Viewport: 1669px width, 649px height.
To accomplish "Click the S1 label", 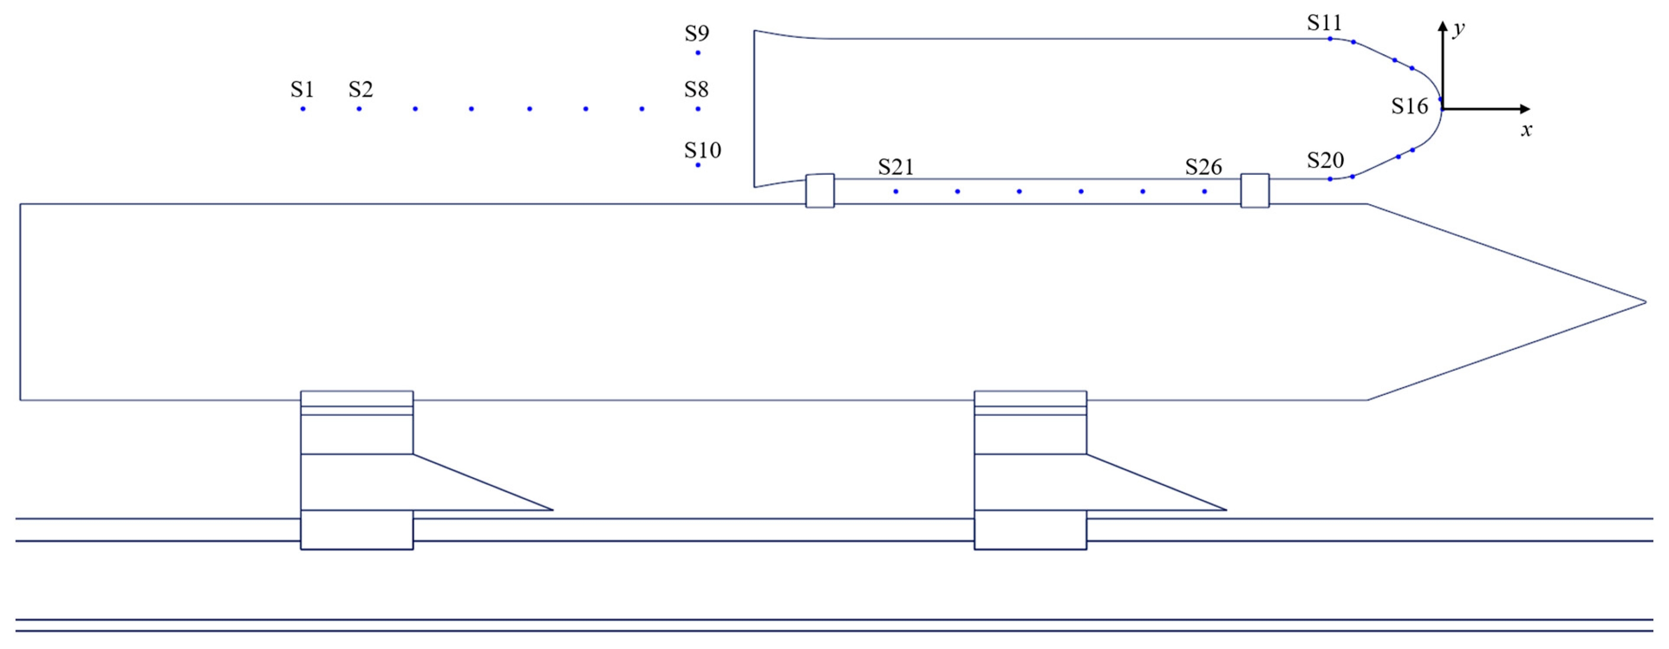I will pos(302,89).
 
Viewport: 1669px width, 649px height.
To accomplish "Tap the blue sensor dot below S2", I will pos(359,109).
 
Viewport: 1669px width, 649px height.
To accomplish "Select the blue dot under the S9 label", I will pos(698,52).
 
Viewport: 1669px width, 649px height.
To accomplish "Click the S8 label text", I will pos(697,89).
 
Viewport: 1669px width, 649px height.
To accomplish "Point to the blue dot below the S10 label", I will pos(698,165).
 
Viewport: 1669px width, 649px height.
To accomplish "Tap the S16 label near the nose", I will pos(1410,106).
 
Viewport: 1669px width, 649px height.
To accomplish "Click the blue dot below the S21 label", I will pos(895,191).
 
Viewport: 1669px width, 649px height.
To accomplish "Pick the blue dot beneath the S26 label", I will pos(1204,191).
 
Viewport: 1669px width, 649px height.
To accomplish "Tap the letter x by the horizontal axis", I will pos(1526,130).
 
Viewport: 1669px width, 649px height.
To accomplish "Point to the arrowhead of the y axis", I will pos(1442,26).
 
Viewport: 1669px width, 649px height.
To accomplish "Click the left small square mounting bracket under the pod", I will pos(820,191).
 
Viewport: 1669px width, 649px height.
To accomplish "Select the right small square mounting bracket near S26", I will pos(1255,191).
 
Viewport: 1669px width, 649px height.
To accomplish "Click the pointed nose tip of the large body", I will pos(1644,302).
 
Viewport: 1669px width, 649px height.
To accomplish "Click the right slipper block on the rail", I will pos(1030,530).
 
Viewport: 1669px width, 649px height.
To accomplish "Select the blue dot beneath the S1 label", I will pos(303,109).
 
